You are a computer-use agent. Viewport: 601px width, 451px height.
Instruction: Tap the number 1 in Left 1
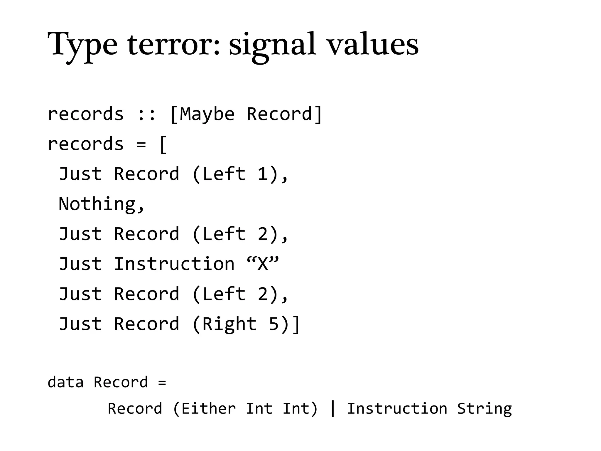tap(263, 174)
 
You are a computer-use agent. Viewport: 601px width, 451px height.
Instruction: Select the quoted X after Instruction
tap(263, 263)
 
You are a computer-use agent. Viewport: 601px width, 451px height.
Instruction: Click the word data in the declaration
tap(65, 382)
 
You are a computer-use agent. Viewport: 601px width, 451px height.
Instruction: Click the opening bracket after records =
tap(163, 144)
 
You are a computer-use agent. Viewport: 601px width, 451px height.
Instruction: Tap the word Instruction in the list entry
tap(174, 264)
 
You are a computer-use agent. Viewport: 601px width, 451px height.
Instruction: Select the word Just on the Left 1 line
tap(80, 174)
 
